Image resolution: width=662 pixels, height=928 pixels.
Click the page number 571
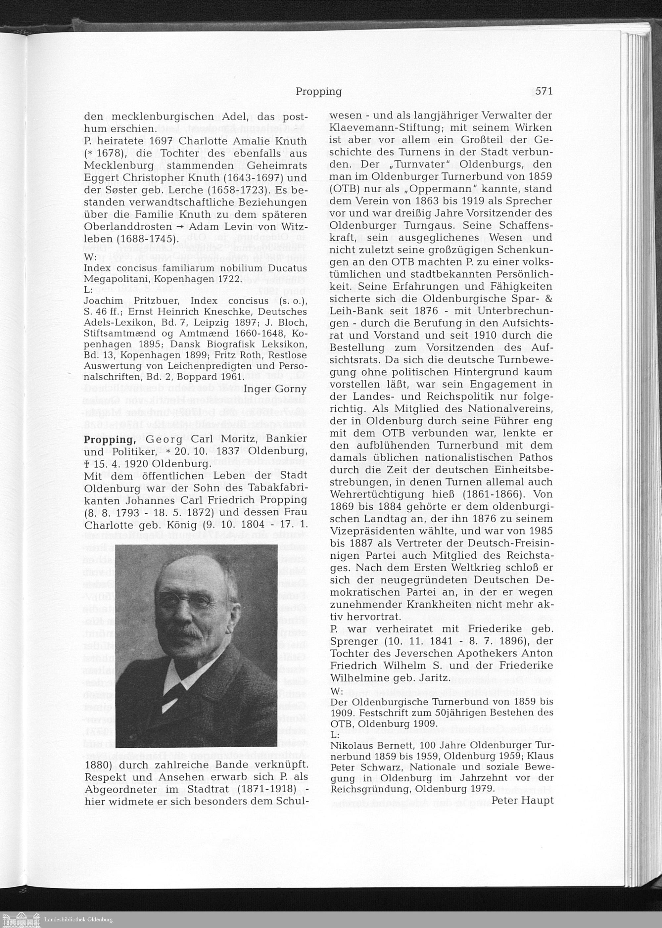544,91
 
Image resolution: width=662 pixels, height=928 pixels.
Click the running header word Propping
318,92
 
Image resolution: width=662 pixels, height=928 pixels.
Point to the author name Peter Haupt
522,801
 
